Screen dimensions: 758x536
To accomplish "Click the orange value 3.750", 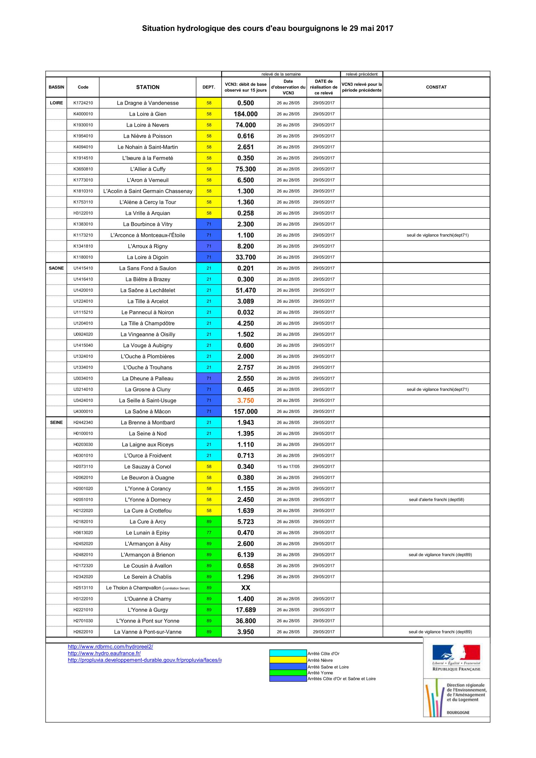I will pos(245,401).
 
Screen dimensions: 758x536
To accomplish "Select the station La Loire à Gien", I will pos(148,114).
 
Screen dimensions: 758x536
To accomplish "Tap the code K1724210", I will pos(83,103).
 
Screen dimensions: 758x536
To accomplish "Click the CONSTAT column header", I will pos(436,87).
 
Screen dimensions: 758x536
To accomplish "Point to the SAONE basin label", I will pos(56,268).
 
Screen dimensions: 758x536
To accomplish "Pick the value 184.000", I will pos(245,114).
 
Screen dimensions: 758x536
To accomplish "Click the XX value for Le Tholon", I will pos(245,588).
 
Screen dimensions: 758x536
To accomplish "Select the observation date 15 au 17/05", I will pos(288,466).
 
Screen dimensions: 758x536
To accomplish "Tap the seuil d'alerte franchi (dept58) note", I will pos(436,499).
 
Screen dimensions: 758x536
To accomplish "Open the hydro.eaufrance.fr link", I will pos(104,653).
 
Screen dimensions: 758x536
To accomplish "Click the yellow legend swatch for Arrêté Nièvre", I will pos(288,660).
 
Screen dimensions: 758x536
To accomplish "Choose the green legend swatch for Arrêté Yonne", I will pos(288,672).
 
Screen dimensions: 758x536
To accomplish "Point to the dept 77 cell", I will pos(209,532).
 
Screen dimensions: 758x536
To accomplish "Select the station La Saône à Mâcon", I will pos(148,411).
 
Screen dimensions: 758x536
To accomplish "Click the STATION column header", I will pos(148,87).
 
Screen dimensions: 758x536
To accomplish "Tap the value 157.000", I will pos(245,411).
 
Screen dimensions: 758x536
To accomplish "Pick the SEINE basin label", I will pos(56,422).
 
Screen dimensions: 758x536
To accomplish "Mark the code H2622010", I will pos(83,632).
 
